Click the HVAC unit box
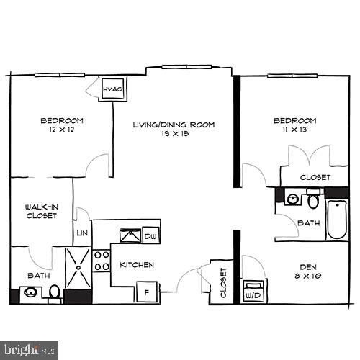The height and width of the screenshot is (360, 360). click(x=112, y=89)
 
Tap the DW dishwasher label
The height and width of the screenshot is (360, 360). click(x=150, y=235)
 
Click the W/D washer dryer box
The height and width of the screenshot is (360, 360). click(x=253, y=292)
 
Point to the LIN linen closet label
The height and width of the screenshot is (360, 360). click(x=81, y=232)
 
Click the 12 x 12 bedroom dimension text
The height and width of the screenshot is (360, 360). click(x=61, y=130)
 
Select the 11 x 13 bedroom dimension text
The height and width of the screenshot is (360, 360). click(x=294, y=130)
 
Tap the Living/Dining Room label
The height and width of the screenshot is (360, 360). click(x=174, y=125)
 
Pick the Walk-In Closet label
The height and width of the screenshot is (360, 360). click(x=41, y=210)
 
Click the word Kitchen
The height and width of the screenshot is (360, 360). click(x=137, y=264)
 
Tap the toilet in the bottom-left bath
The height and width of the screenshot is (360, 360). click(x=55, y=292)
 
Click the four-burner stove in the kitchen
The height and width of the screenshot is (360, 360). click(x=101, y=264)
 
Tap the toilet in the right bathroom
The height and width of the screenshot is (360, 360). click(x=314, y=199)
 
